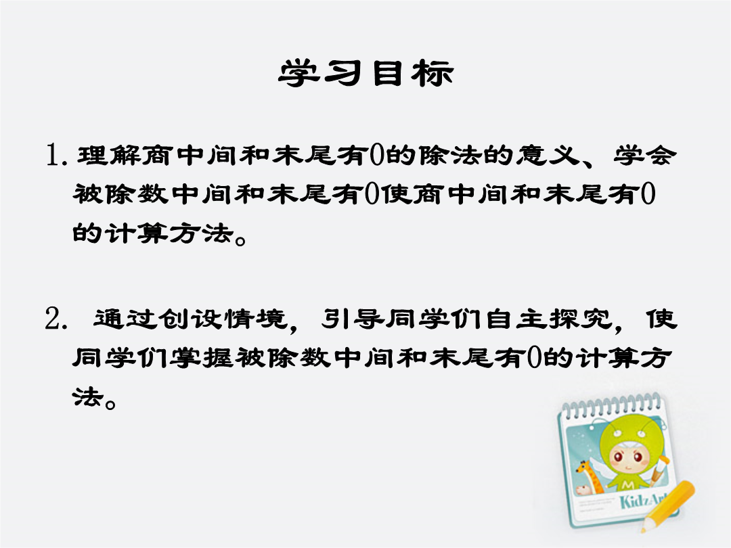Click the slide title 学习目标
pos(366,73)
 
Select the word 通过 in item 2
pos(125,319)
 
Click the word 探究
pos(580,319)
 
